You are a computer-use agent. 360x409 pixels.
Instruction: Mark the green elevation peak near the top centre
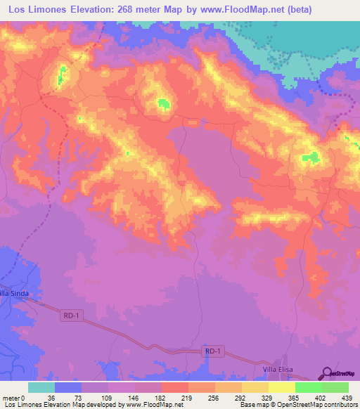[164, 104]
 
